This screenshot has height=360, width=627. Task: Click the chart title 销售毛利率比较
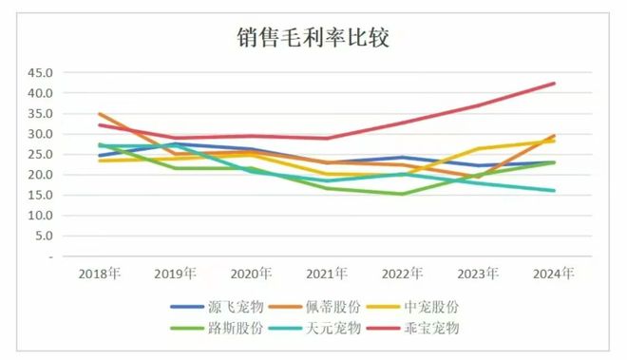pyautogui.click(x=313, y=37)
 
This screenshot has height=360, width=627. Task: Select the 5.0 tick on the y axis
pyautogui.click(x=44, y=237)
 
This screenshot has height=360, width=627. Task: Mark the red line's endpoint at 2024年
pyautogui.click(x=554, y=84)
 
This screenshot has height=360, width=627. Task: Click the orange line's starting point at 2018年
pyautogui.click(x=99, y=114)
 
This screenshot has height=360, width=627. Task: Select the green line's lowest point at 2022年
pyautogui.click(x=402, y=194)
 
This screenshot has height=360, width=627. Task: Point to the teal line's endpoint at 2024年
pyautogui.click(x=554, y=191)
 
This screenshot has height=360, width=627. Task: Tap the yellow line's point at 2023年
pyautogui.click(x=478, y=149)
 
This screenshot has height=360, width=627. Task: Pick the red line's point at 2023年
pyautogui.click(x=478, y=105)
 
